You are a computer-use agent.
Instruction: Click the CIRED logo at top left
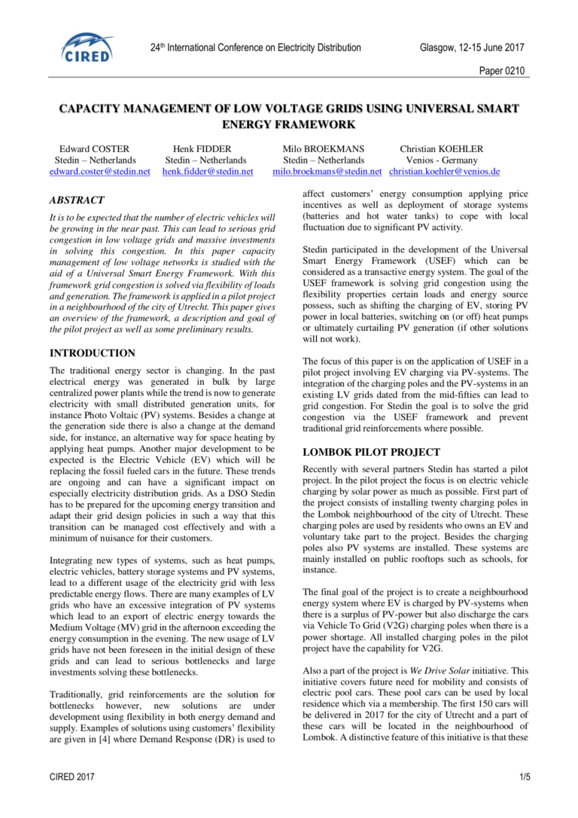[87, 47]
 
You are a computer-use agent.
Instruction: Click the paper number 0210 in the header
[501, 71]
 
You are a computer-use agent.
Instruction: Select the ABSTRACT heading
[77, 200]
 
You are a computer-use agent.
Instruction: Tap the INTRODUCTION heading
[93, 353]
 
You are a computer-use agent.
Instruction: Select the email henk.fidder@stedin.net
[208, 172]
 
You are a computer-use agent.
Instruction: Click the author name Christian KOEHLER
[442, 149]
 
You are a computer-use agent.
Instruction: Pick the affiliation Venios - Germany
[442, 160]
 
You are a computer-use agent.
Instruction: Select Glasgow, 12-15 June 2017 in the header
[472, 48]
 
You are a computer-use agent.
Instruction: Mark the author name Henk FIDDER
[202, 149]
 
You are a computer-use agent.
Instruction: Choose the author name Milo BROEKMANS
[324, 149]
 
